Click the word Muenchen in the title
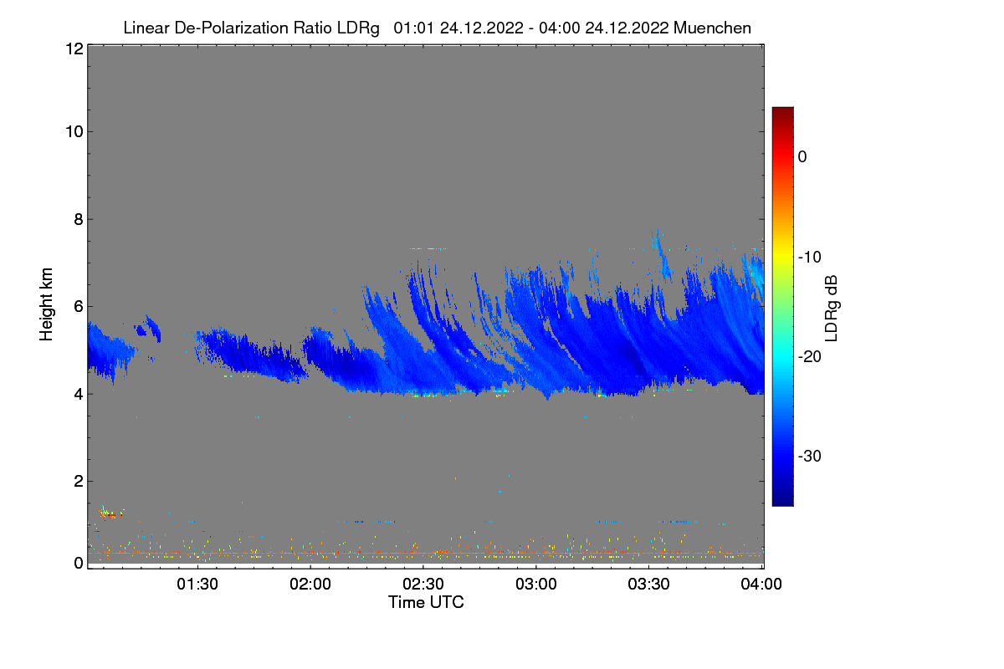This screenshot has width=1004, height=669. (712, 28)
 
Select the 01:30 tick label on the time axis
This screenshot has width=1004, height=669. (197, 584)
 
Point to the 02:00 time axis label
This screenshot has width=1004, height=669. (310, 584)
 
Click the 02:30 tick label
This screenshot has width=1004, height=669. (423, 584)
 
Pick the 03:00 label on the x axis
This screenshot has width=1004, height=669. (536, 584)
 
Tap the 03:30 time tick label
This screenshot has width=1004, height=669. (649, 584)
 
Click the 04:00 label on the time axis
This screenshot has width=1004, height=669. (761, 584)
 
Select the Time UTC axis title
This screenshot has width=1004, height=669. (426, 602)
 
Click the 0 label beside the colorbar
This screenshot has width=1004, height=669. (802, 156)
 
